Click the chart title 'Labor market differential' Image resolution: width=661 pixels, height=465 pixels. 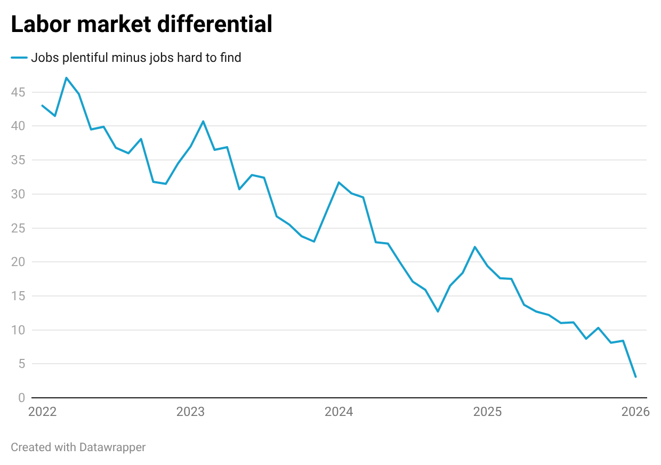(141, 25)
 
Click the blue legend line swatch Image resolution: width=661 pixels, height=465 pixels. (19, 58)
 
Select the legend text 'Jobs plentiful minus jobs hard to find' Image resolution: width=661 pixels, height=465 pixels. (136, 58)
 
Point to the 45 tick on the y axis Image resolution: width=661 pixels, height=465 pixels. (18, 92)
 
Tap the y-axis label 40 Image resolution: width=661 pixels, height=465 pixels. (18, 126)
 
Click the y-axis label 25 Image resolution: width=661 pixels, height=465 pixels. (18, 228)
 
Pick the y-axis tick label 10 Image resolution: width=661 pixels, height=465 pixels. (18, 330)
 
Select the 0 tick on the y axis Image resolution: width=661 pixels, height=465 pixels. (21, 398)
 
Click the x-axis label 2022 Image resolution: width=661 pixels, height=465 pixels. (42, 412)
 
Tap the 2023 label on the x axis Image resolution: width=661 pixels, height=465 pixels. (190, 412)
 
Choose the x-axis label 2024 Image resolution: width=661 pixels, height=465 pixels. (338, 412)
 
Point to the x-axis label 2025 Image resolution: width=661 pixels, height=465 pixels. (487, 412)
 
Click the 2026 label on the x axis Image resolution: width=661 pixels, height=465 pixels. (635, 412)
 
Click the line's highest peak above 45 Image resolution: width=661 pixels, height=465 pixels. (66, 78)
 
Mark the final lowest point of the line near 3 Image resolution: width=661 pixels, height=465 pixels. (635, 377)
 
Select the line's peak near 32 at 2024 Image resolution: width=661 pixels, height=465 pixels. (338, 182)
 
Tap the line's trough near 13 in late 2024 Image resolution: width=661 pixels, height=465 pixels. (438, 311)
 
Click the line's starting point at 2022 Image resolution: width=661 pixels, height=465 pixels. (42, 106)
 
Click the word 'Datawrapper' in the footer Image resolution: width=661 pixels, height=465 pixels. (112, 447)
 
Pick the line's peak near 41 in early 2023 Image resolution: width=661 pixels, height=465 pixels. (203, 121)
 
